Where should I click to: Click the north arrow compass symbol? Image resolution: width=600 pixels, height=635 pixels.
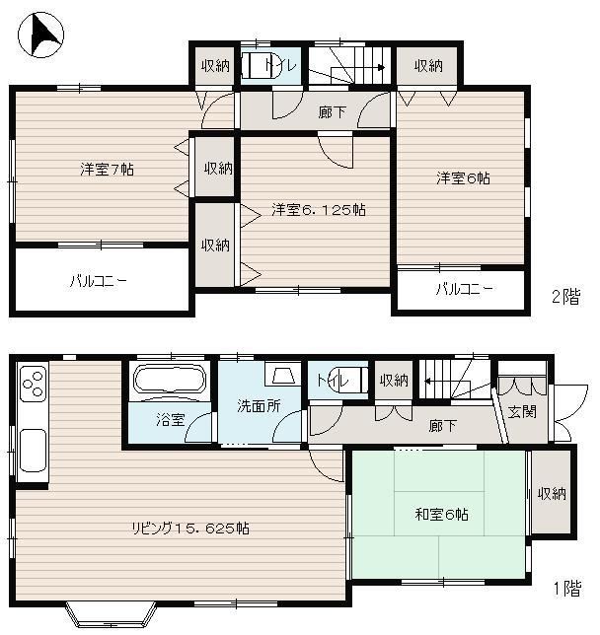pos(40,35)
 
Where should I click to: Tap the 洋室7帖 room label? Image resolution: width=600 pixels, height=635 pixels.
pos(107,169)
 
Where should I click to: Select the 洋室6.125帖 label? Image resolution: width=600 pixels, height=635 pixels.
pos(319,209)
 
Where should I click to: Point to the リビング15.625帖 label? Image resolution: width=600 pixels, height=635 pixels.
pos(190,529)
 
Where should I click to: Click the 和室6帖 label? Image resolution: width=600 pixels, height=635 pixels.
pos(441,515)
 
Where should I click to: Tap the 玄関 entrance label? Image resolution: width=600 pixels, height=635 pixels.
pos(522,412)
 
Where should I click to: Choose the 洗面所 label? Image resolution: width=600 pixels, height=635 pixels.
pos(259,405)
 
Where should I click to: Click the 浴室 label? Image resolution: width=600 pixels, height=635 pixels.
pos(171,420)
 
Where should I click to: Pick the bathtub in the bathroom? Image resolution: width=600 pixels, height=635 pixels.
pos(169,379)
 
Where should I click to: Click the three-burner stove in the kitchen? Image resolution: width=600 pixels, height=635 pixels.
pos(33,383)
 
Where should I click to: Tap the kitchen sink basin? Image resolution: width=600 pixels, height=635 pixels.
pos(33,451)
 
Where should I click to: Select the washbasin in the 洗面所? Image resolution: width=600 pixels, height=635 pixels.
pos(283,375)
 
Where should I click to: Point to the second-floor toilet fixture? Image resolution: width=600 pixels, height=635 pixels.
pos(261,66)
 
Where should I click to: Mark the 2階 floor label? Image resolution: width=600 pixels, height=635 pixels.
pos(565,297)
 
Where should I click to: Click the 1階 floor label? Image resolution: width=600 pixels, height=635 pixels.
pos(567,589)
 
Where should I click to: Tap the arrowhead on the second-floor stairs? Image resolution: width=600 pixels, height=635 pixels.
pos(382,67)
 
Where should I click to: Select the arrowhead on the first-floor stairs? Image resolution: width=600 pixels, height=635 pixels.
pos(428,381)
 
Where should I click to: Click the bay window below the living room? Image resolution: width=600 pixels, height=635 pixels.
pos(112,613)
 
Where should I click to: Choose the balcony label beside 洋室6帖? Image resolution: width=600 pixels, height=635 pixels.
pos(465,289)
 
